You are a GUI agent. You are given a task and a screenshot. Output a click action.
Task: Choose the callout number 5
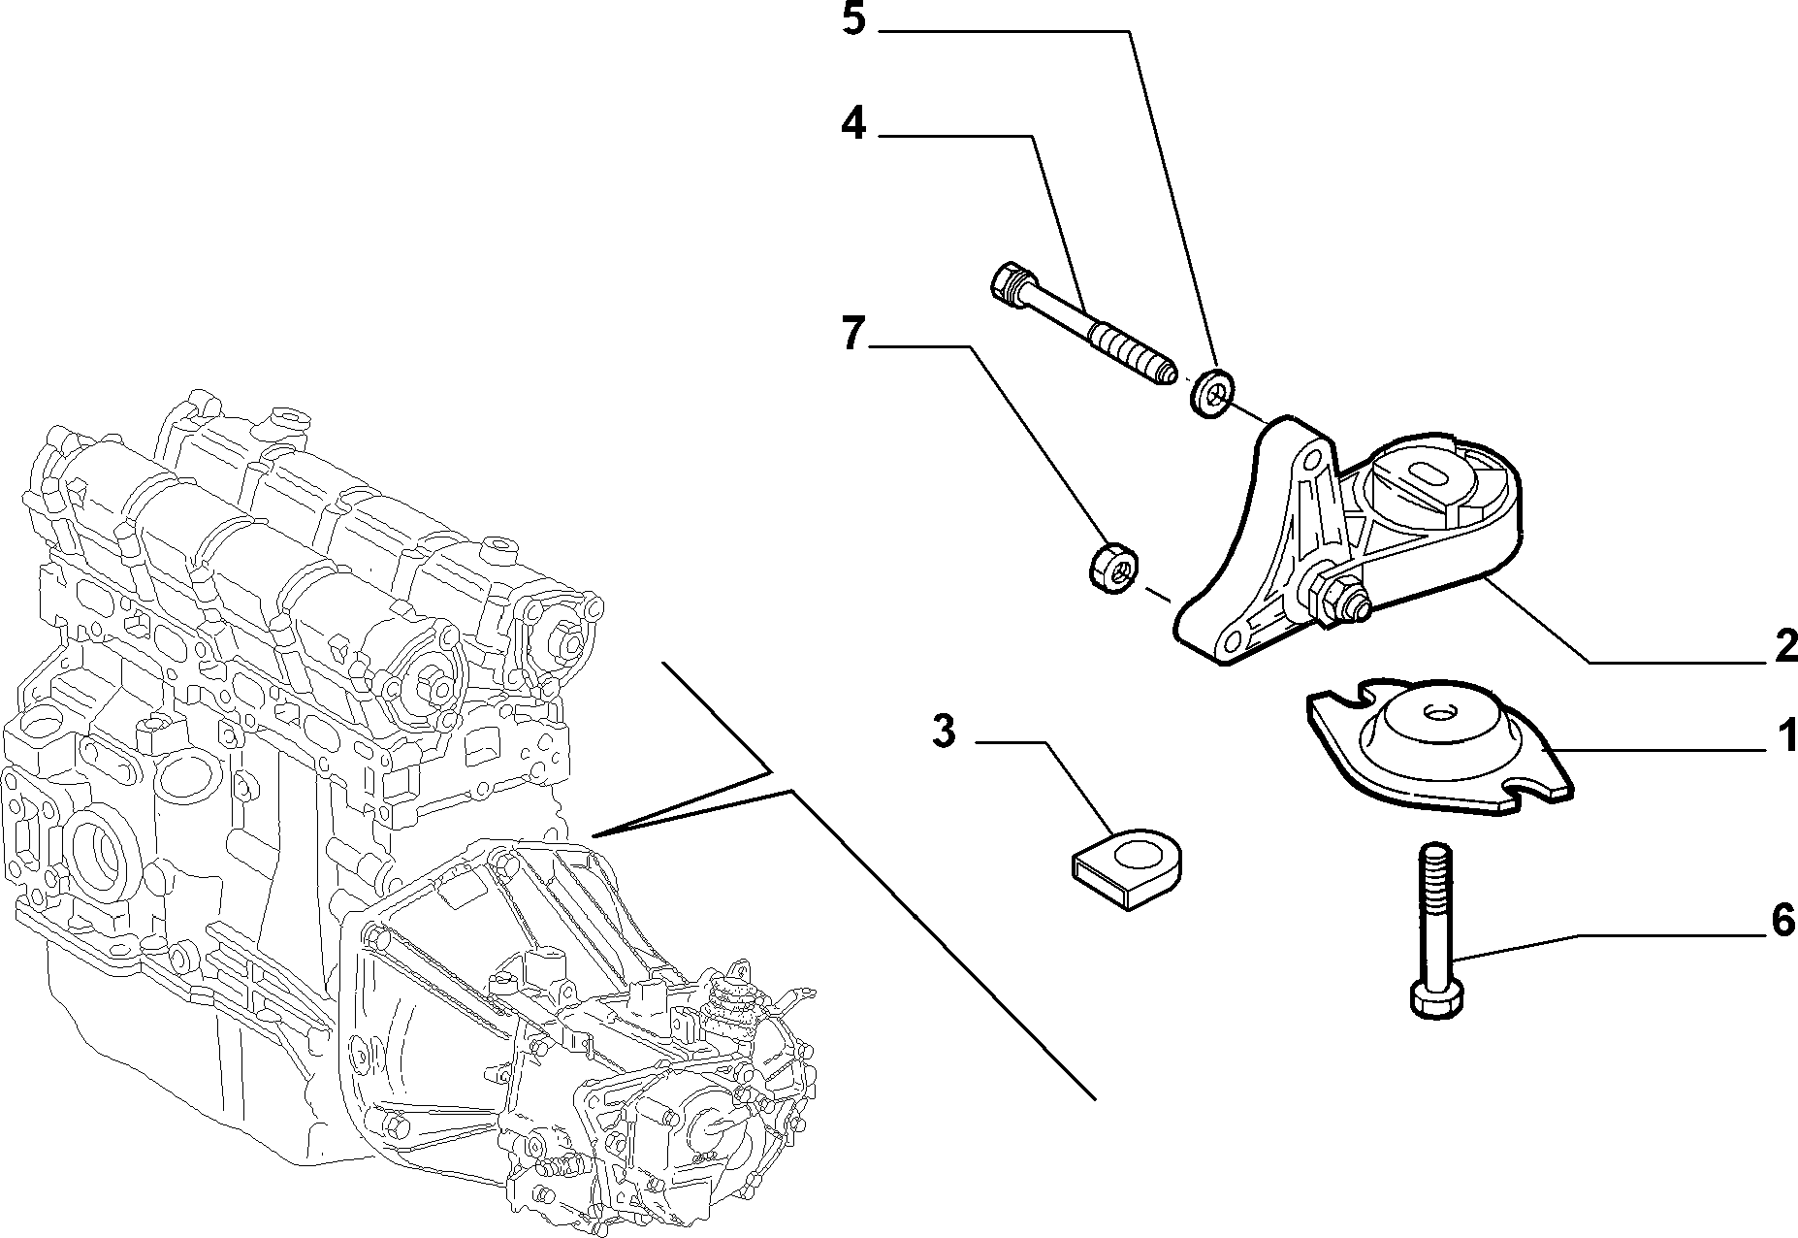[x=853, y=19]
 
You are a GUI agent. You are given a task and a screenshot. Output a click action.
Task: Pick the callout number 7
[x=852, y=334]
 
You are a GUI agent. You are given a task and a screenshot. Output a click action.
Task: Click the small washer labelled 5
[x=1210, y=392]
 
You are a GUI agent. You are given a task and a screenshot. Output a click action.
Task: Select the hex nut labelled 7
[x=1110, y=569]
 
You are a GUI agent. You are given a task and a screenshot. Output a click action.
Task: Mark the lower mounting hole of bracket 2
[x=1234, y=638]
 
